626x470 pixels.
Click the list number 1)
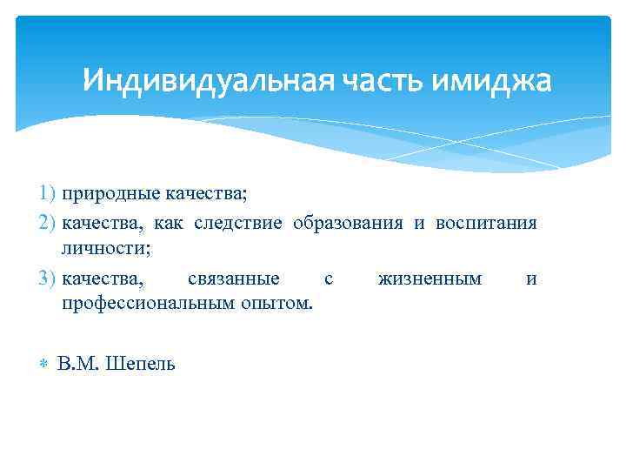click(47, 191)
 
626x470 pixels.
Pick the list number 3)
click(47, 279)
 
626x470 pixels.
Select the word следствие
click(240, 222)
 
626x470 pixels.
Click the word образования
click(348, 222)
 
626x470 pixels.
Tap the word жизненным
click(430, 279)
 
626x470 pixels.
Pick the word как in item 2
click(170, 222)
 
